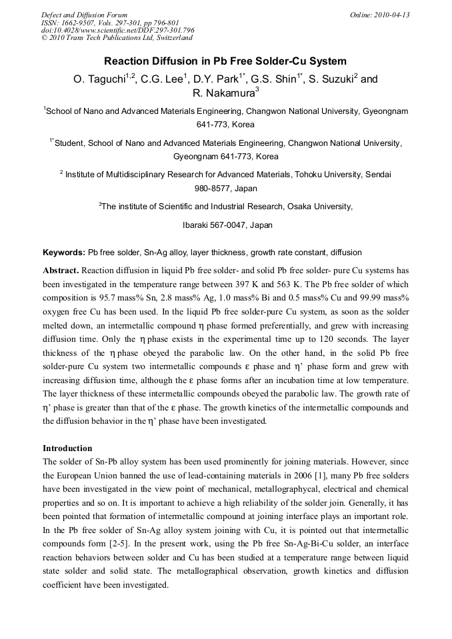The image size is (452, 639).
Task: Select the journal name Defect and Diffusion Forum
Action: tap(84, 15)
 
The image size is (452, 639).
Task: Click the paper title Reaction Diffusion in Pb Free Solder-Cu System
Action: tap(225, 61)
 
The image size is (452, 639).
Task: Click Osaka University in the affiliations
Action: tap(317, 207)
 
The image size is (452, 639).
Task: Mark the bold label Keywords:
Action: tap(64, 253)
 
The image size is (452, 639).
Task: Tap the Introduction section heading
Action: tap(67, 448)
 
